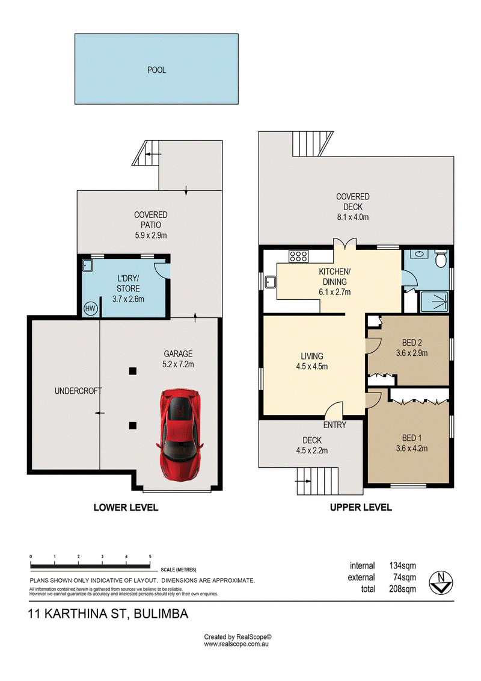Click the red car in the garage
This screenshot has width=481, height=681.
(180, 434)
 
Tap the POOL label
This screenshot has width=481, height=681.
(156, 70)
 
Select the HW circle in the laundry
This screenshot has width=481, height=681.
(90, 309)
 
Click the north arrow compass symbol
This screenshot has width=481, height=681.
(441, 583)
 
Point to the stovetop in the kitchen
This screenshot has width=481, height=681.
(298, 257)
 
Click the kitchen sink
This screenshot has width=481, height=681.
(271, 282)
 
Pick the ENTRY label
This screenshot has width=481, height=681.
(334, 425)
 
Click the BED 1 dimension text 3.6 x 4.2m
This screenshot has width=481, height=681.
(412, 448)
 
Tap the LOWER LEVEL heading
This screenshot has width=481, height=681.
(126, 507)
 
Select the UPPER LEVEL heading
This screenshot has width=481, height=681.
(361, 507)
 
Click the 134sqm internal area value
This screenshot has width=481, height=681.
(402, 565)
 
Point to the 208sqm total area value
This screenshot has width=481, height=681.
(402, 589)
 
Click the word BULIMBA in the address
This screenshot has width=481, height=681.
(161, 614)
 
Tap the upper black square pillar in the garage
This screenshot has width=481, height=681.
(133, 371)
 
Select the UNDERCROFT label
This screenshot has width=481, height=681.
(78, 391)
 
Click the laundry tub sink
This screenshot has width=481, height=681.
(88, 265)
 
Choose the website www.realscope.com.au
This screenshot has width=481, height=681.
(236, 644)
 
